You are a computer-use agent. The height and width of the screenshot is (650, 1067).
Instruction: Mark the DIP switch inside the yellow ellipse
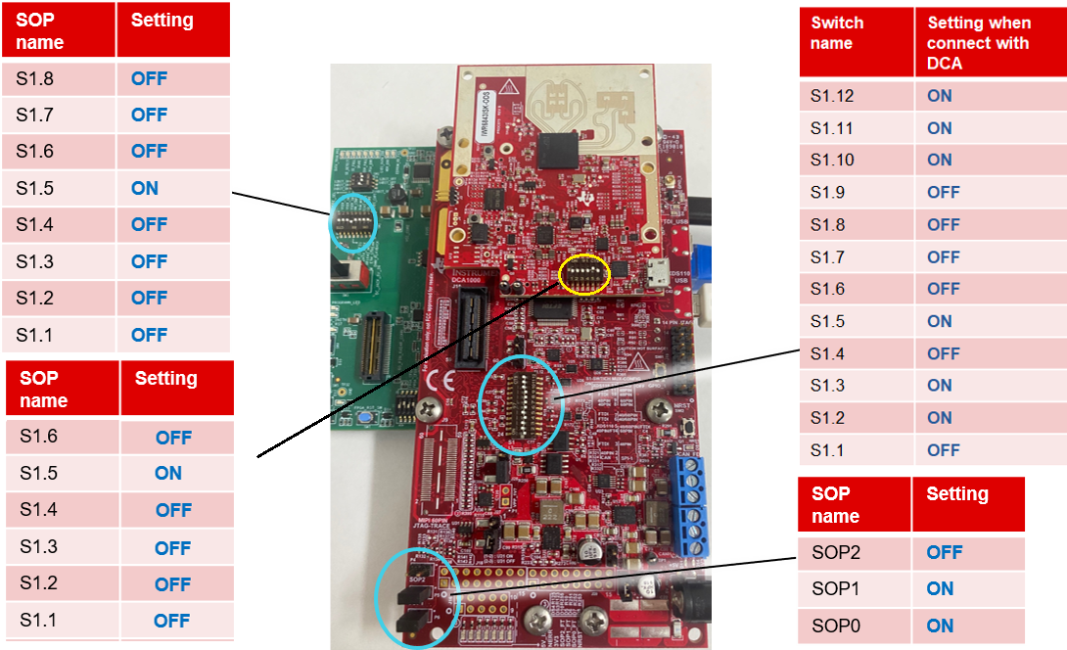[584, 275]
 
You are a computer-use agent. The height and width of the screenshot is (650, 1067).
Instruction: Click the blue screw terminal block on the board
[691, 506]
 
